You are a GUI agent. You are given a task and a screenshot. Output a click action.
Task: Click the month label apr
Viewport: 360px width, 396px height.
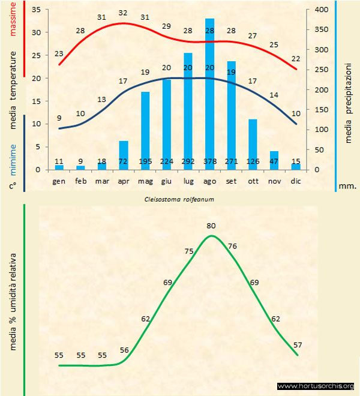[x=124, y=181]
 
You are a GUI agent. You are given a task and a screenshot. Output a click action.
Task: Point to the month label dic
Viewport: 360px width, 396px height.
[x=296, y=181]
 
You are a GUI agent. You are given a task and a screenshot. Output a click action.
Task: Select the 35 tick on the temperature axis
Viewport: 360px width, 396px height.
[x=35, y=10]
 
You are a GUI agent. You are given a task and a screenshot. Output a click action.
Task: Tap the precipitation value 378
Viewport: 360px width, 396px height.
[x=209, y=161]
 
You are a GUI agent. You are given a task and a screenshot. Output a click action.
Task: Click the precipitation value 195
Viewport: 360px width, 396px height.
[x=145, y=161]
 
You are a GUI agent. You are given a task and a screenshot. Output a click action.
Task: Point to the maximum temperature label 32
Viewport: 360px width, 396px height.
[x=123, y=13]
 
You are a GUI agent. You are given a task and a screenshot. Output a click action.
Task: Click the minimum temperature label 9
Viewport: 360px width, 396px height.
[x=59, y=118]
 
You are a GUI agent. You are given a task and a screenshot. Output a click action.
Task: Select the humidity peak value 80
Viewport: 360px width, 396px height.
[x=211, y=225]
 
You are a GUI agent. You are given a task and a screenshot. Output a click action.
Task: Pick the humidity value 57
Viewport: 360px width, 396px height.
[x=298, y=344]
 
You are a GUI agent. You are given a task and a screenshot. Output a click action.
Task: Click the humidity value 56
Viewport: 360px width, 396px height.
[x=124, y=350]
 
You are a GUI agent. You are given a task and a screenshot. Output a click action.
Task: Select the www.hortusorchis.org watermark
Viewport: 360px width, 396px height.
[x=316, y=386]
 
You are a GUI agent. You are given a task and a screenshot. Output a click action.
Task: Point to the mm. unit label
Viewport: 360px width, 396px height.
[x=347, y=186]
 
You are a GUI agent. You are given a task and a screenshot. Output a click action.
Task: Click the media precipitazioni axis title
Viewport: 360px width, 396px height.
[x=349, y=97]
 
